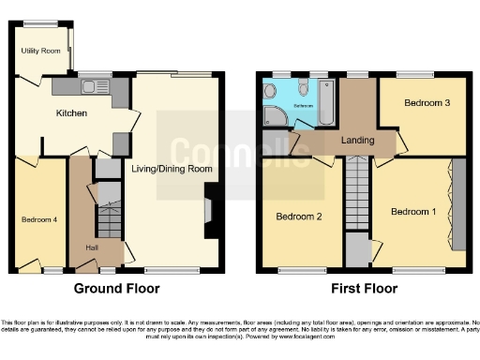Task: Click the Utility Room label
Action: click(40, 51)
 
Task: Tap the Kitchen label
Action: click(71, 113)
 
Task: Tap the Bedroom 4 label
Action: click(40, 219)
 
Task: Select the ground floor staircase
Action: click(109, 214)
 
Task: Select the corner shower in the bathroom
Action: click(276, 114)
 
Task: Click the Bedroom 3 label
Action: click(423, 103)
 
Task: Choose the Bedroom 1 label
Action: click(412, 212)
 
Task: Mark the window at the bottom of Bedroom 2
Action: click(303, 269)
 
